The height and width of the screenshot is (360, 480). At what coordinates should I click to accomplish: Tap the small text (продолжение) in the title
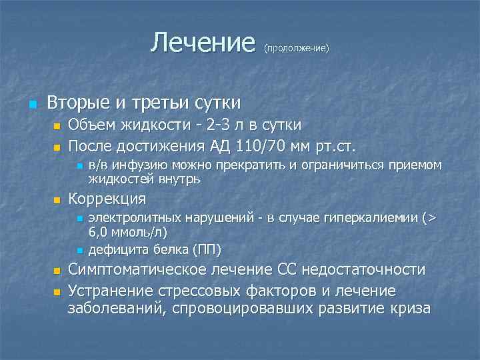[x=297, y=49]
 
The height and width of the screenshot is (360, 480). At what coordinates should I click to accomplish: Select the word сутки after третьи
[x=217, y=103]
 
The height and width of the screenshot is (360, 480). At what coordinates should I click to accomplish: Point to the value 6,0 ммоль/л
[x=128, y=233]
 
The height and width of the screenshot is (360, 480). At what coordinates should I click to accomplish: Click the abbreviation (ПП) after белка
[x=207, y=250]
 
